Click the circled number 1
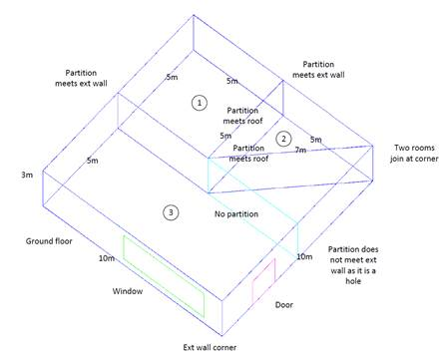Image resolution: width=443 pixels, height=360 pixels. coord(200,103)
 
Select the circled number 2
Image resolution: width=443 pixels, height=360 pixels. coord(283,139)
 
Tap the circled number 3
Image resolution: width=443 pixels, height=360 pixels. coord(171,212)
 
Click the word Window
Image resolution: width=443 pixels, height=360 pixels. coord(128,291)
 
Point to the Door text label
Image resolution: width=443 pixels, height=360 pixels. coord(284,305)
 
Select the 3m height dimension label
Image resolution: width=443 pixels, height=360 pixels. coord(27,175)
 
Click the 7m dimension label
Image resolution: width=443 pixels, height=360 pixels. coord(300,150)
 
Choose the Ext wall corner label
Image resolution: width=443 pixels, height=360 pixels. coord(210,347)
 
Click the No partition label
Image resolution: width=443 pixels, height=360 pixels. coord(236,213)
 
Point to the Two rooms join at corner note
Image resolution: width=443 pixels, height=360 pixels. coord(414,153)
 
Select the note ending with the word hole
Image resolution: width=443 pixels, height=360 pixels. coord(353,265)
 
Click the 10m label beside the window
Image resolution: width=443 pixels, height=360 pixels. coord(107,258)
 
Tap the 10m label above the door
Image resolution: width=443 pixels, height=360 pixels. coord(304,256)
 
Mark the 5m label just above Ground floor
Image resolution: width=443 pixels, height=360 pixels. coord(93,161)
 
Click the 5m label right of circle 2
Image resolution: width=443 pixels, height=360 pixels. coord(316,140)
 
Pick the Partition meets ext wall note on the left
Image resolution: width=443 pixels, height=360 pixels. coord(81,78)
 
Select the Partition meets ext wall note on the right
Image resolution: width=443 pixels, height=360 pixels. coord(318,70)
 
